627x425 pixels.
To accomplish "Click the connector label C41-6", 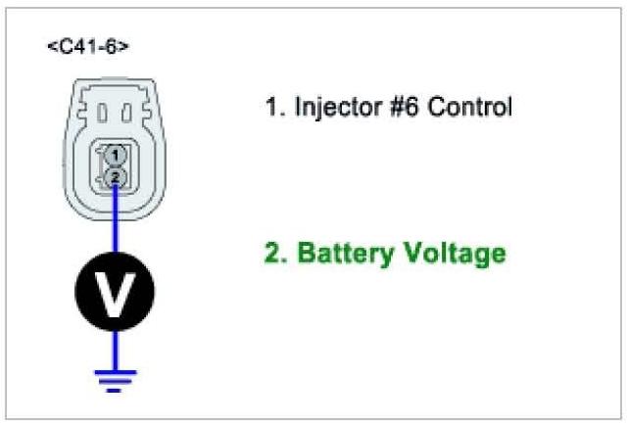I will (89, 46).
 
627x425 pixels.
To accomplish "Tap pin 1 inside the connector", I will (116, 154).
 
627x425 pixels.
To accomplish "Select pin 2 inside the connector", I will (116, 176).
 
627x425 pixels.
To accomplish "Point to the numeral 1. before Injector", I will (274, 106).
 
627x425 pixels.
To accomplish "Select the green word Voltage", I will (456, 255).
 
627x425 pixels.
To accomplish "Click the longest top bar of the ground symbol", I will (116, 371).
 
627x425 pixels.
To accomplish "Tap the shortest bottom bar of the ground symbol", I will (116, 390).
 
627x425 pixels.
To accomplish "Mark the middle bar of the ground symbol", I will (116, 381).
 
